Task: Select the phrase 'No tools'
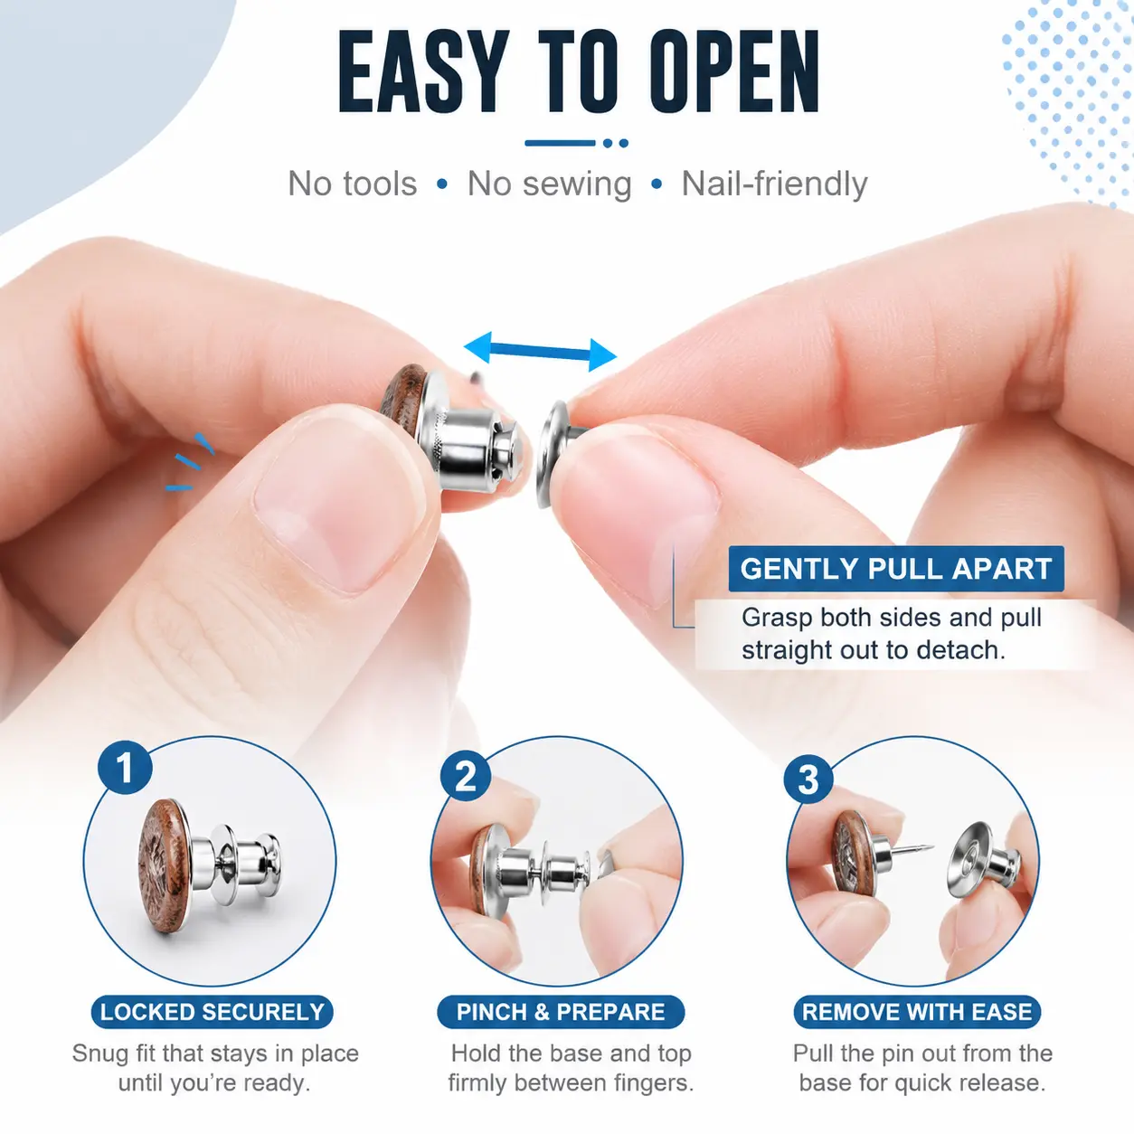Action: [353, 184]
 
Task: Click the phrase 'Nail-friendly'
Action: [774, 184]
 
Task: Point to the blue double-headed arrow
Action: [540, 351]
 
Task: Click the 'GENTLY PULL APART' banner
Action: [896, 569]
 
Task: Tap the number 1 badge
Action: [125, 768]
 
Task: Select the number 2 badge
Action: [466, 776]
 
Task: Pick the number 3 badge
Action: [808, 780]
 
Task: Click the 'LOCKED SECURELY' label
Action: [213, 1012]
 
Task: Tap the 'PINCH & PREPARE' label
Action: [561, 1012]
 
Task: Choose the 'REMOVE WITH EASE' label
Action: [917, 1012]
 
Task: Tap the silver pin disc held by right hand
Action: [552, 454]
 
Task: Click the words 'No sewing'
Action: [550, 184]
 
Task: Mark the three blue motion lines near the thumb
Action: [190, 462]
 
